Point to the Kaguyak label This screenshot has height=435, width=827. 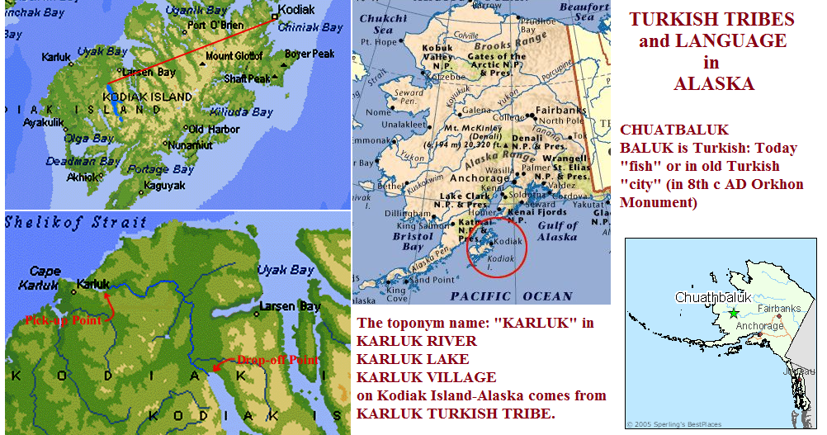pyautogui.click(x=163, y=186)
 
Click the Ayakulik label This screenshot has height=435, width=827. pyautogui.click(x=44, y=121)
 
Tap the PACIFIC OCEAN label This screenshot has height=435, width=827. pyautogui.click(x=512, y=296)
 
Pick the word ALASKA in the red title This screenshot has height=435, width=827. pyautogui.click(x=714, y=83)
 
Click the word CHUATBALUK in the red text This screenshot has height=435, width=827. pyautogui.click(x=674, y=130)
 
